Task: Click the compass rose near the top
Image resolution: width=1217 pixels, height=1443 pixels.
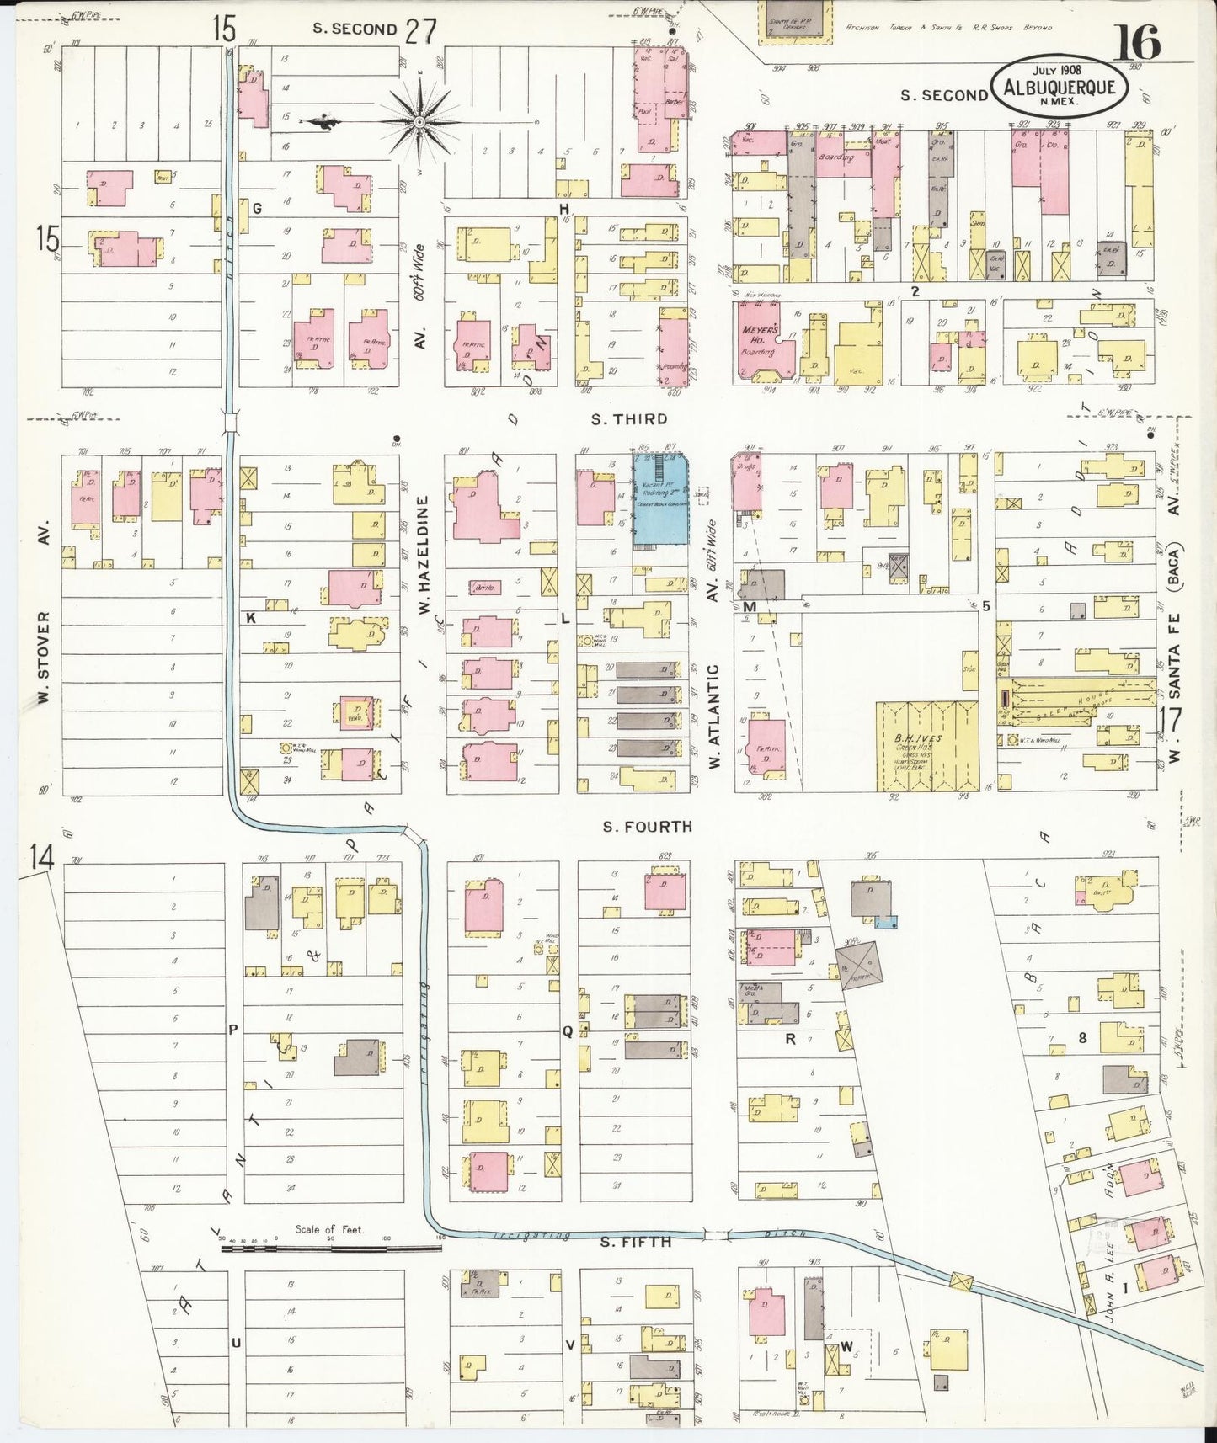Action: (419, 123)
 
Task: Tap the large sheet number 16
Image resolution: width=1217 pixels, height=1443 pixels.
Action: (1136, 42)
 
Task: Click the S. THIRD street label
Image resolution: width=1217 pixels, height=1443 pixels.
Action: (628, 418)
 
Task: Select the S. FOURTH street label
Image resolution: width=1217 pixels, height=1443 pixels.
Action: (647, 827)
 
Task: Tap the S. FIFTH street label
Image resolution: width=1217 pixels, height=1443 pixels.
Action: (636, 1241)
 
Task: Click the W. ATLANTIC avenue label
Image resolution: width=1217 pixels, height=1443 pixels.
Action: (713, 716)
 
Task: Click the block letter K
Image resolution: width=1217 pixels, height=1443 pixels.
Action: (250, 618)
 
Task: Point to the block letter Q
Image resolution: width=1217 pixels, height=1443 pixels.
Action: (568, 1031)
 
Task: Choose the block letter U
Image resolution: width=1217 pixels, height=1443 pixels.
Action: (237, 1342)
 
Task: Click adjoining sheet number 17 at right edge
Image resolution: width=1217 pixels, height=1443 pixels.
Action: (1171, 721)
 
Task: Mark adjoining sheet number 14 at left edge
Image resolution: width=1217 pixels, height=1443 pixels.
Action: (40, 858)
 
